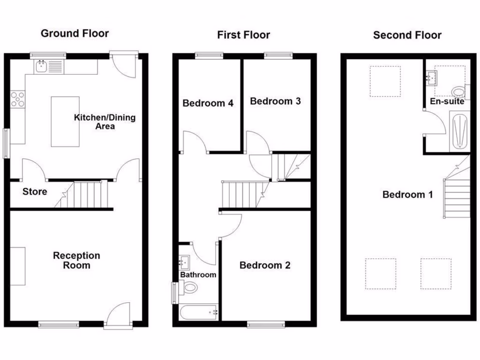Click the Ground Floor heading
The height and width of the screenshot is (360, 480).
(75, 33)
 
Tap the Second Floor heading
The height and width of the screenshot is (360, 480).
(407, 35)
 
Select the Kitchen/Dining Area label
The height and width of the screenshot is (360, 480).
(105, 121)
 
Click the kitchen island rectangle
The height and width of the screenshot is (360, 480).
(65, 121)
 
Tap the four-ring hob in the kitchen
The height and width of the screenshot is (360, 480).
(18, 99)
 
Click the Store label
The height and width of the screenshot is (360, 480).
(35, 192)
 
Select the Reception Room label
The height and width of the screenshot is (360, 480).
(76, 260)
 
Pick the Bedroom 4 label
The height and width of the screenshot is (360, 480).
(208, 103)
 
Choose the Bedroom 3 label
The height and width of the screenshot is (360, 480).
(275, 101)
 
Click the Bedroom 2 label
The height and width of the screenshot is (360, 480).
(265, 265)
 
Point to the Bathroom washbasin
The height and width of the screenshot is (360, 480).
(184, 262)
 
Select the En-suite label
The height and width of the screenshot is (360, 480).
(447, 101)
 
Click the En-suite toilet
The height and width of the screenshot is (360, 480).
(458, 91)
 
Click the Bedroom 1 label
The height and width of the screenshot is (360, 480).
(407, 195)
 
